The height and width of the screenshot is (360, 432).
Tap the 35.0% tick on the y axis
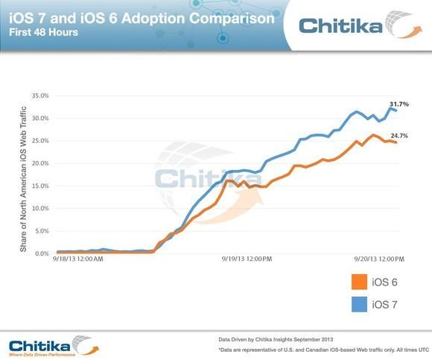click(39, 95)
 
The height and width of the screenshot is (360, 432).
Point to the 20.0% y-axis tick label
click(39, 163)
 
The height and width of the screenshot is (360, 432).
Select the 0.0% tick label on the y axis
click(41, 253)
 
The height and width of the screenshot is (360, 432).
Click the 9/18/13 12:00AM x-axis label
click(78, 260)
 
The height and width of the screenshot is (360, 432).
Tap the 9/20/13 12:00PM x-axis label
click(379, 260)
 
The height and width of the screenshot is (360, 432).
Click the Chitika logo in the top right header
click(358, 27)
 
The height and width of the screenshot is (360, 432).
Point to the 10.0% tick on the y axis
click(39, 209)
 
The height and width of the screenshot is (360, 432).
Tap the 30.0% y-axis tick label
click(39, 118)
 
